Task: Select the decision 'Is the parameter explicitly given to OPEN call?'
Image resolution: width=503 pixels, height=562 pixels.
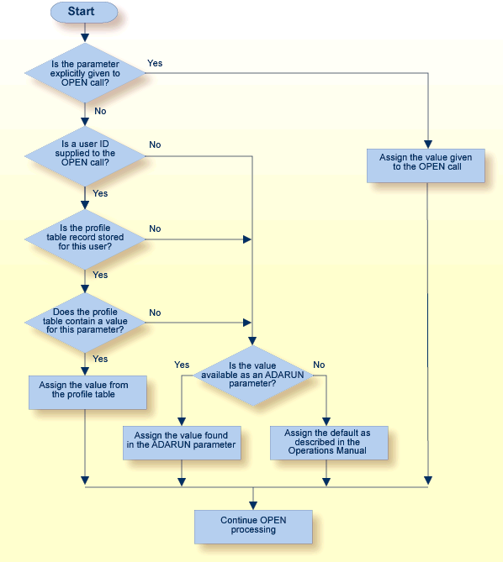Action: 85,74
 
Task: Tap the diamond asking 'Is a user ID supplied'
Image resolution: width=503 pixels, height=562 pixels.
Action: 85,154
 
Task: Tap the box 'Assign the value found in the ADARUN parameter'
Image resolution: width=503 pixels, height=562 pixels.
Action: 181,441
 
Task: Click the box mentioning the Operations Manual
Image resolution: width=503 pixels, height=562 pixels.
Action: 329,442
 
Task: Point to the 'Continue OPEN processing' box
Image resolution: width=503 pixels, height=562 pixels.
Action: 253,526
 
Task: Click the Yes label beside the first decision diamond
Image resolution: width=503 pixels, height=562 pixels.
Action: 155,63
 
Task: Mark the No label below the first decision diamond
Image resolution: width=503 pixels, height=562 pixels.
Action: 100,110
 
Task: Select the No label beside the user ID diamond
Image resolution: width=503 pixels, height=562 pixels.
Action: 155,144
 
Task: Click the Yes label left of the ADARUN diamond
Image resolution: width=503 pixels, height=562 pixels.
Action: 182,365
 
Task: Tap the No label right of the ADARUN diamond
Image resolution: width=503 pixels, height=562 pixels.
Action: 319,365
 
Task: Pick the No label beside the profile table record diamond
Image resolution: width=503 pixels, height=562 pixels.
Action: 155,228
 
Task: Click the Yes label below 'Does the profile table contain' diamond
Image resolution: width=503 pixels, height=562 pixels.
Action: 100,359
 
